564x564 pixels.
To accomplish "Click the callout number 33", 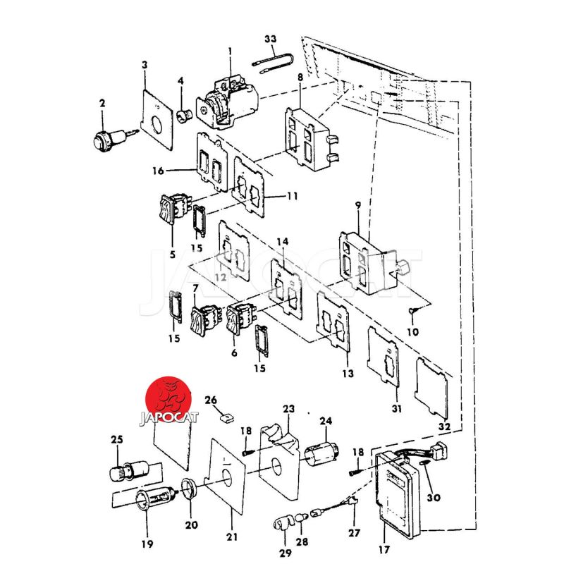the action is [x=270, y=39].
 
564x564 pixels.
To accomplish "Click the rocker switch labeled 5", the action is [x=173, y=208].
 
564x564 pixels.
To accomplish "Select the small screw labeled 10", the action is [x=413, y=310].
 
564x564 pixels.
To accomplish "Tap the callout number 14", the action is [x=283, y=242].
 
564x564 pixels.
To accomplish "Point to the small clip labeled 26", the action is [x=226, y=418].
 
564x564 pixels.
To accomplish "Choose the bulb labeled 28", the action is [x=301, y=518].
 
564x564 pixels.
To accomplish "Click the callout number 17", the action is [x=384, y=549].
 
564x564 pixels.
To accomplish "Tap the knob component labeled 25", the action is [x=128, y=470].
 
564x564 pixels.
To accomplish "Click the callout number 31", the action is [x=396, y=408].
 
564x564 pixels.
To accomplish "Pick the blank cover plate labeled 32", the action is [x=431, y=388].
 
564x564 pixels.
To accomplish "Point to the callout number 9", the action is [x=357, y=205].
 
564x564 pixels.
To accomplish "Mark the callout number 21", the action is [x=232, y=537].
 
